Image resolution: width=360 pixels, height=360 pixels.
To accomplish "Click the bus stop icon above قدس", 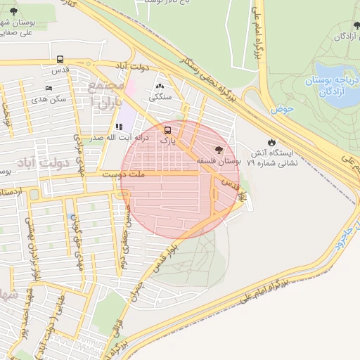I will [60, 60].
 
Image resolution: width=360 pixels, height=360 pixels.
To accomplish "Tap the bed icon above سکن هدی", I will [49, 89].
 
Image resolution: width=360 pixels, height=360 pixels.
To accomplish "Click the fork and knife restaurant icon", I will [117, 127].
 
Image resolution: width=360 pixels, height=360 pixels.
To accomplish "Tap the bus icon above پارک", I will [167, 130].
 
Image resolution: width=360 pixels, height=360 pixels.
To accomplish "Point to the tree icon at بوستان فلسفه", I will [219, 150].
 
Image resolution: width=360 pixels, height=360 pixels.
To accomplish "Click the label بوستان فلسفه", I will [218, 161].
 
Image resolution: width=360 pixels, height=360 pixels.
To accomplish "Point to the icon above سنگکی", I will [160, 85].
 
